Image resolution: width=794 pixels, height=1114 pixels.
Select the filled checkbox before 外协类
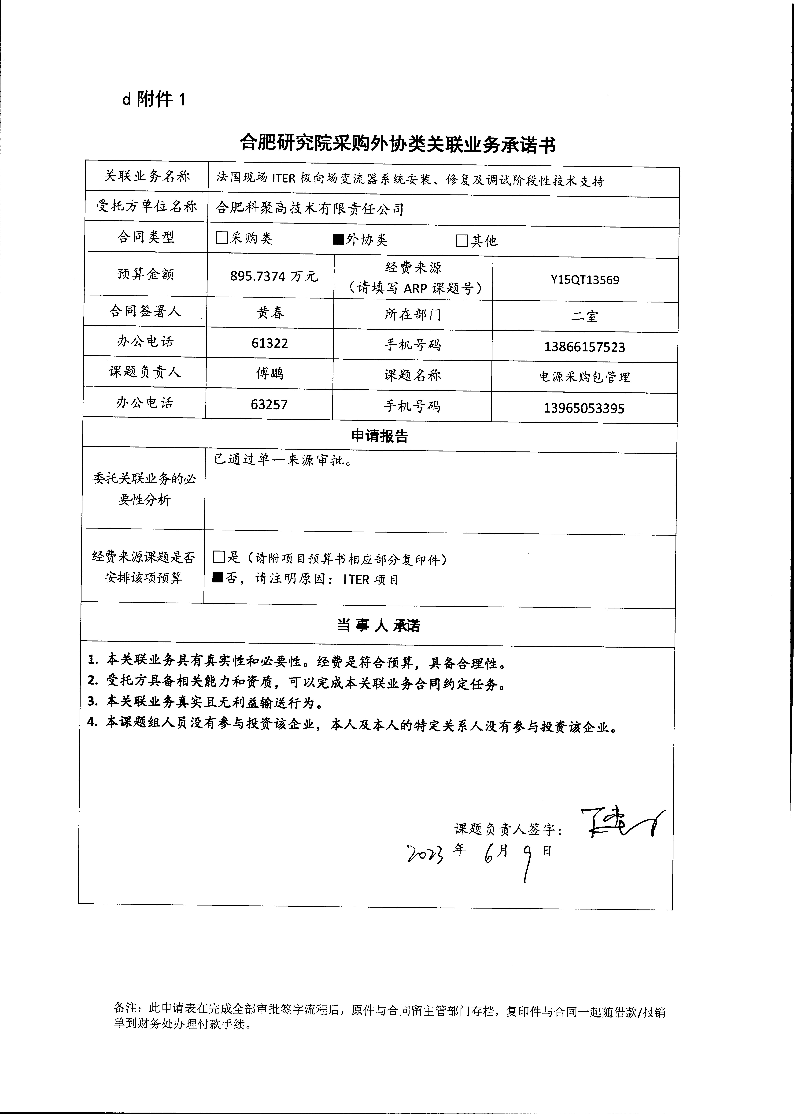pyautogui.click(x=338, y=239)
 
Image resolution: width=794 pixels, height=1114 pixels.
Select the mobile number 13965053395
pyautogui.click(x=584, y=408)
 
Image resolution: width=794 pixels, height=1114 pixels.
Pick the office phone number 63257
pyautogui.click(x=269, y=404)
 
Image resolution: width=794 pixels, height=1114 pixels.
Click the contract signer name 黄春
pyautogui.click(x=270, y=313)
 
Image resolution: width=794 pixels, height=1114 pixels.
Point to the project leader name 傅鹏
pyautogui.click(x=269, y=374)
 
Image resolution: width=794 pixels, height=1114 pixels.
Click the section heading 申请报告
pyautogui.click(x=379, y=436)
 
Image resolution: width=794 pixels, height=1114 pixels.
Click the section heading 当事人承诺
pyautogui.click(x=378, y=626)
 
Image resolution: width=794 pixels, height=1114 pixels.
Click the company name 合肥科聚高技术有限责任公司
pyautogui.click(x=310, y=209)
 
